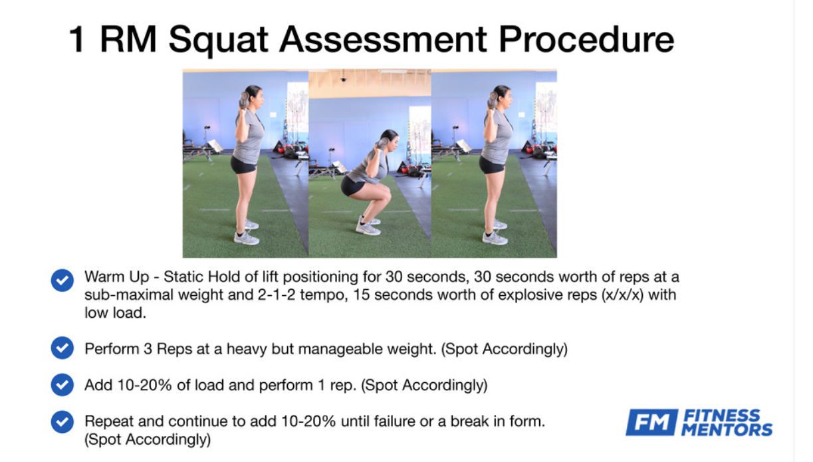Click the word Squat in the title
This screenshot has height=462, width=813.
click(218, 41)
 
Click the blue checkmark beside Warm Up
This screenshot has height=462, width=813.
click(62, 280)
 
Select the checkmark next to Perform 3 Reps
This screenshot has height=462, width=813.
click(62, 348)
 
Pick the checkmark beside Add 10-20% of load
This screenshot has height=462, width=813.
click(62, 385)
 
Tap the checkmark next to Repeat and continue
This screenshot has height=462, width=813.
click(62, 421)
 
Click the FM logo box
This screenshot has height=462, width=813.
click(652, 422)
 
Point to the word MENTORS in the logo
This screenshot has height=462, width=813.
click(727, 429)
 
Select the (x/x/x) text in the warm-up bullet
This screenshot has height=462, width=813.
click(622, 294)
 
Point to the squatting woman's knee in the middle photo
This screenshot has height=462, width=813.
click(386, 195)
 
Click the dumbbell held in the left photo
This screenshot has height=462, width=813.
click(244, 100)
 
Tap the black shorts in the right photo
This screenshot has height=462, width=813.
click(491, 165)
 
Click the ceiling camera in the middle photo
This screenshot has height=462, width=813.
click(343, 78)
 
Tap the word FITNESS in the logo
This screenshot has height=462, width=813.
click(721, 415)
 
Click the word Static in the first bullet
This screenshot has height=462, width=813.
click(183, 277)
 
